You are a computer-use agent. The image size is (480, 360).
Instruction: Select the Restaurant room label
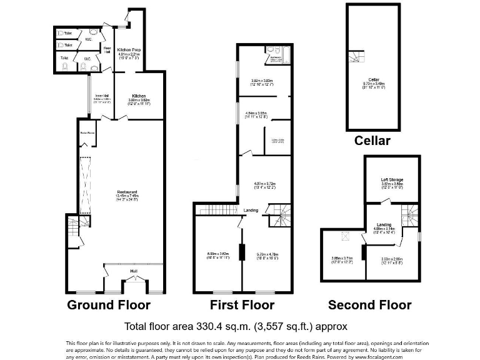tap(126, 192)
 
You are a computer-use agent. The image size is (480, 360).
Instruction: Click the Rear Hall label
tap(107, 49)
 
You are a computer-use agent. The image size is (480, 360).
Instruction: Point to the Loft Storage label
tap(392, 180)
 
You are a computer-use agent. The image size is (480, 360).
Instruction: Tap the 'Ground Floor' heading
tap(109, 305)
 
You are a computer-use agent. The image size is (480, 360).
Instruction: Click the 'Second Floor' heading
tap(370, 305)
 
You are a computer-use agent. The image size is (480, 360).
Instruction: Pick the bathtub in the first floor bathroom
tap(275, 61)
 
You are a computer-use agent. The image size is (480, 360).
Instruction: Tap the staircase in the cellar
tap(356, 57)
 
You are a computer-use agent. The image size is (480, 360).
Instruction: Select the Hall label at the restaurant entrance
tap(134, 271)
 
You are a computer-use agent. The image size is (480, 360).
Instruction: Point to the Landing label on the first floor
tap(251, 210)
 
